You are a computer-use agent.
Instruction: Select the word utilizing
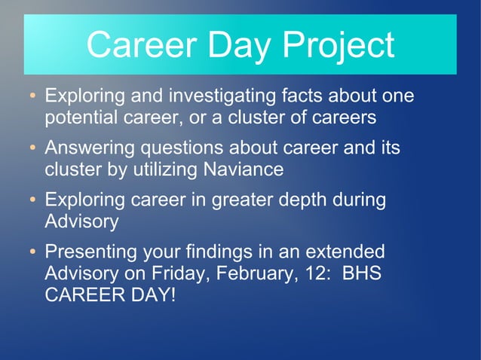pos(161,169)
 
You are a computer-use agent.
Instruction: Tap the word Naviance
pos(242,169)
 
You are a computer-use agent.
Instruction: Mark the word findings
pos(228,252)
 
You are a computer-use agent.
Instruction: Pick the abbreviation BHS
pos(362,272)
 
